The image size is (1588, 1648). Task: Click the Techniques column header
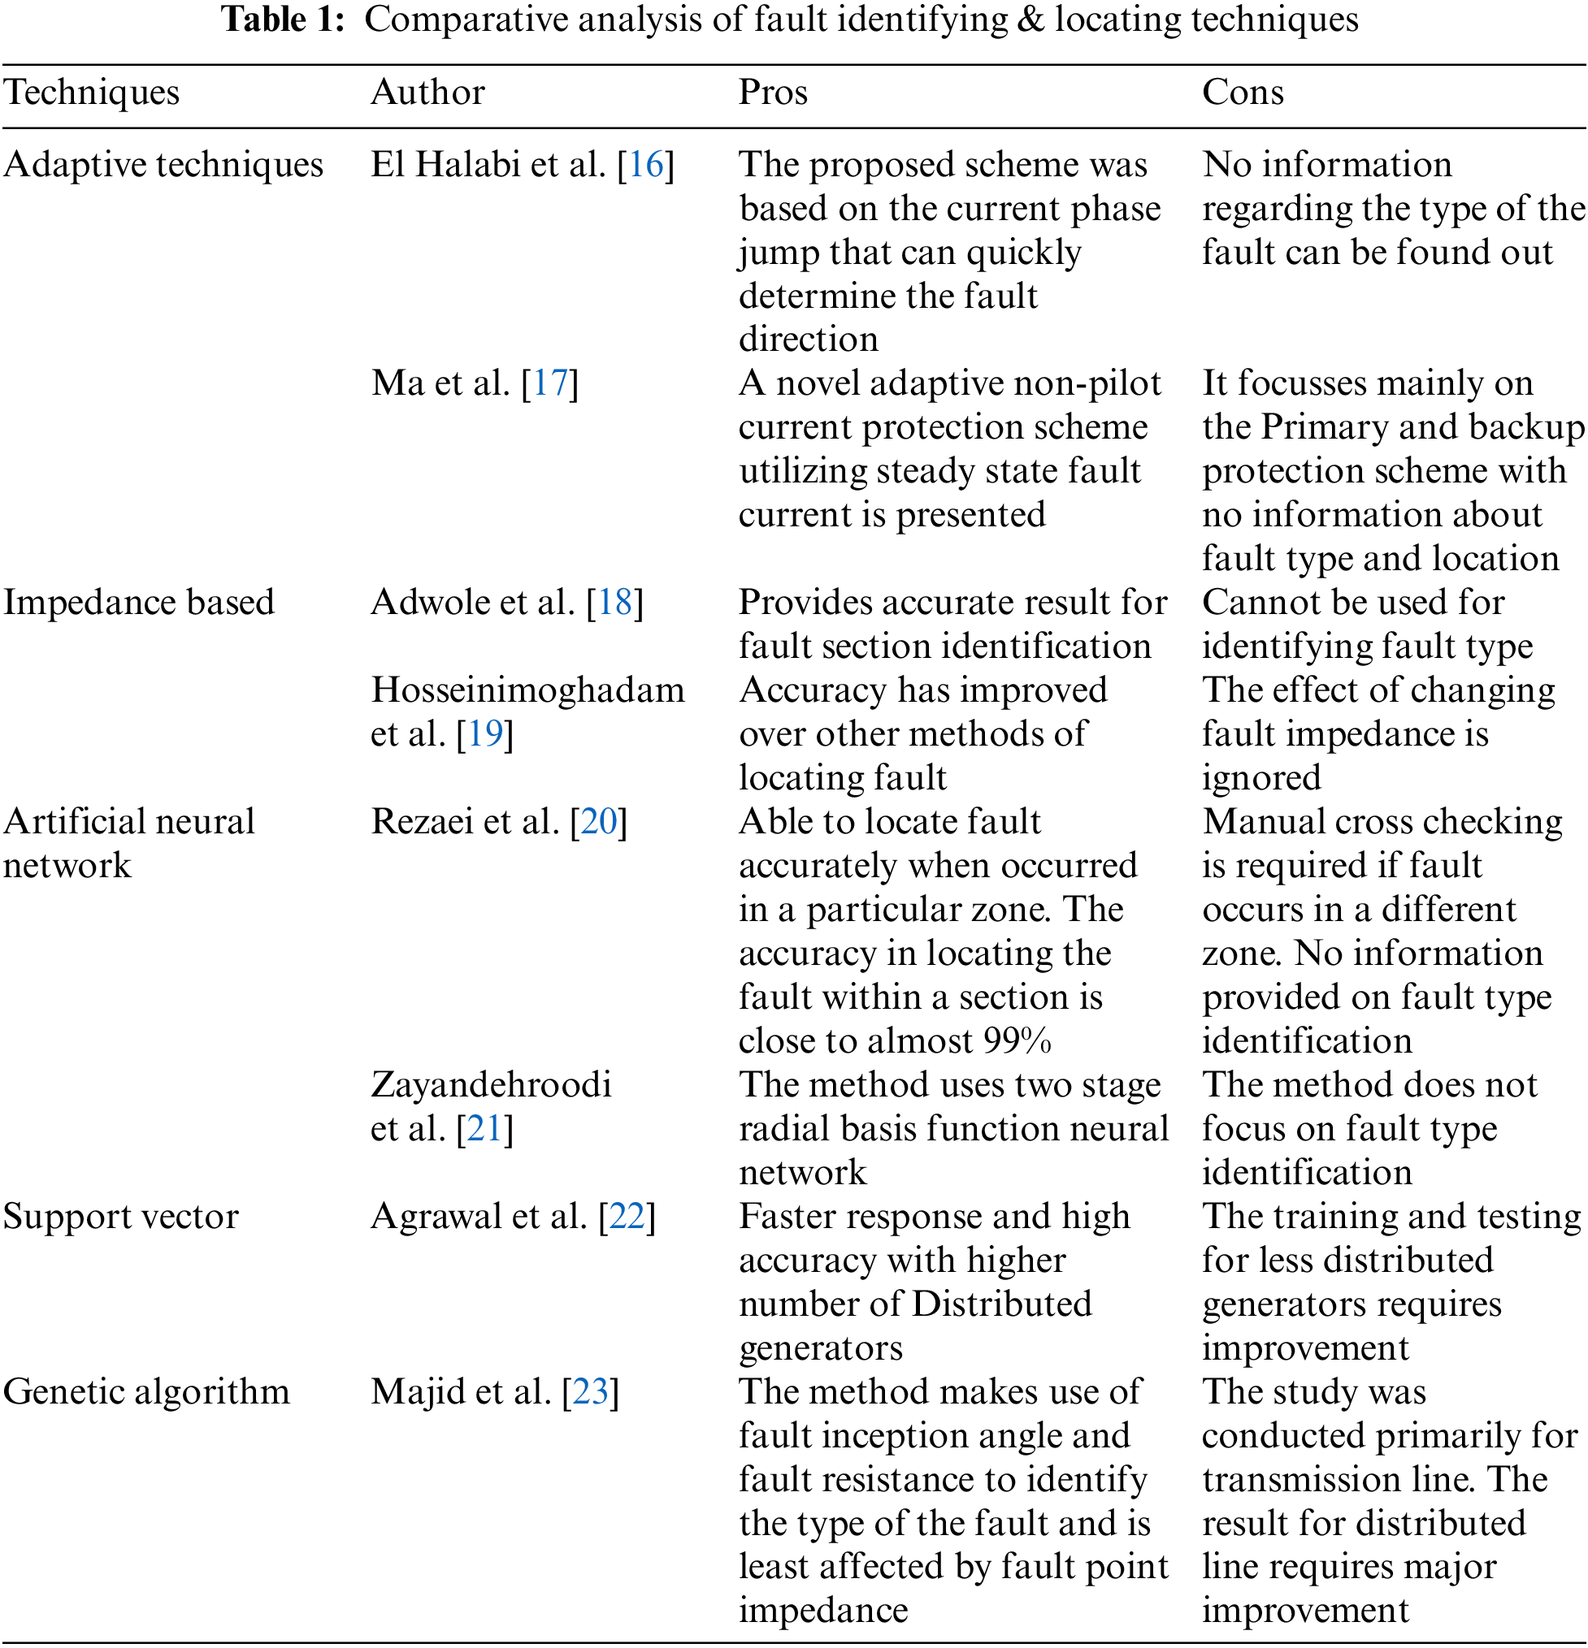point(91,93)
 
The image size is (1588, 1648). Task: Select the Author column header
point(427,93)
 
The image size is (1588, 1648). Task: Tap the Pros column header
point(772,93)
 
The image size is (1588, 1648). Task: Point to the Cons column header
point(1243,93)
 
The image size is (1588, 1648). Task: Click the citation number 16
point(646,165)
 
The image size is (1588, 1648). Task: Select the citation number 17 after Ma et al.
point(550,383)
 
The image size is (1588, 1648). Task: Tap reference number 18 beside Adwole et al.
point(615,603)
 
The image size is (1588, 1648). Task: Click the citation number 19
point(485,734)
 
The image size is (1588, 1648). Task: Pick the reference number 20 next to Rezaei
point(599,821)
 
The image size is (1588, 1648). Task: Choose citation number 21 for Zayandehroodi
point(485,1128)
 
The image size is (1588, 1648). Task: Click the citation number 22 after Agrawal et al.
point(627,1217)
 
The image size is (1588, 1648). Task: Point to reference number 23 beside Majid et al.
point(591,1391)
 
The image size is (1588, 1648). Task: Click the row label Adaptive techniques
point(163,165)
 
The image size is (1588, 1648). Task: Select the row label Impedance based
point(139,603)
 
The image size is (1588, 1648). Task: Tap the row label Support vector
point(121,1217)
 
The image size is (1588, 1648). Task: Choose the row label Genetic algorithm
point(146,1391)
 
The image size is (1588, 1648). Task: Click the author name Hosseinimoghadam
point(528,690)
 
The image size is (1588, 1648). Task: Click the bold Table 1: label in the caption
point(283,19)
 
